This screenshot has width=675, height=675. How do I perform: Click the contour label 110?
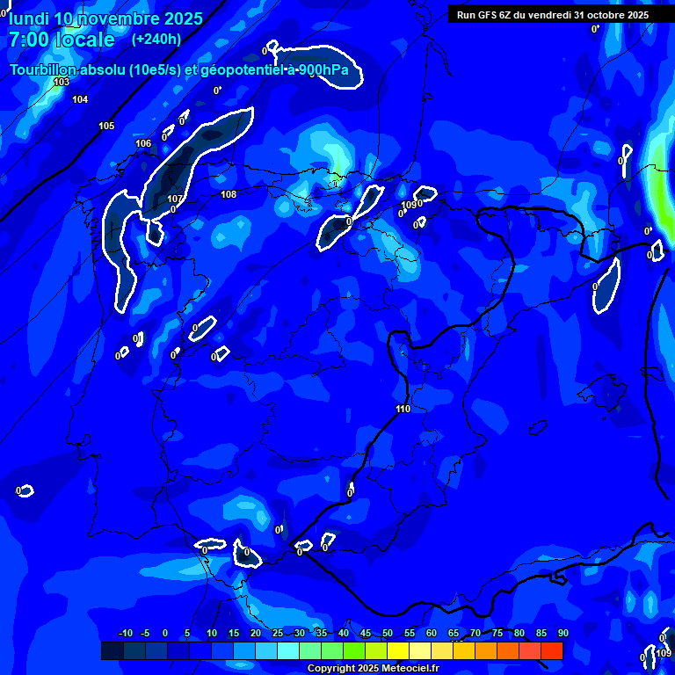(403, 409)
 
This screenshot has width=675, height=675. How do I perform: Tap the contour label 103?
(61, 82)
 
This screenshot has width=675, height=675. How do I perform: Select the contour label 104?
(80, 99)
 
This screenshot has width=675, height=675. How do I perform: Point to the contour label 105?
(106, 126)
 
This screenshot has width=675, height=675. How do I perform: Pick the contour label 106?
(143, 143)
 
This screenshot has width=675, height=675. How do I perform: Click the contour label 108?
(229, 194)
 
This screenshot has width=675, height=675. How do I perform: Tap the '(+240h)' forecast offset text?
(156, 39)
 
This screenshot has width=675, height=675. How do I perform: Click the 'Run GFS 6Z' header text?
(486, 15)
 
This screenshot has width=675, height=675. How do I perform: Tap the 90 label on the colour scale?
(562, 633)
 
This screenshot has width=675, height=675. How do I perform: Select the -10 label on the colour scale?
(125, 633)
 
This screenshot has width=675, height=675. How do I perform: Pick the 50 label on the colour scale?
(387, 633)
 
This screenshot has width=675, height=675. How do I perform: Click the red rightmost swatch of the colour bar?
(551, 650)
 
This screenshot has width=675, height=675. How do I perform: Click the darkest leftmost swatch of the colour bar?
(112, 650)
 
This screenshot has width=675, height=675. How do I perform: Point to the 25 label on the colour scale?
(278, 633)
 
